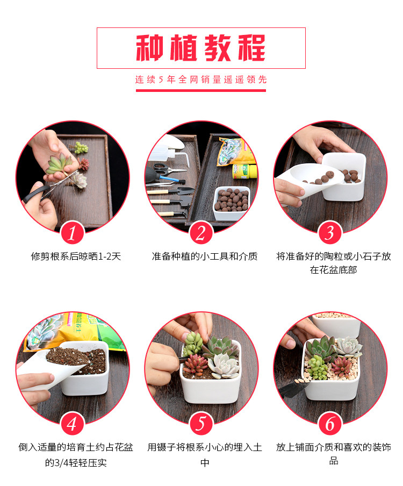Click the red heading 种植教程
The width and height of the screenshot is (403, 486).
tap(201, 48)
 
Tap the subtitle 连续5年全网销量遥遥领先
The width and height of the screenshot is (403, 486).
tap(201, 80)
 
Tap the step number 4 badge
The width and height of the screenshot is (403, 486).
tap(72, 424)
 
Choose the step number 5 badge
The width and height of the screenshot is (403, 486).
tap(201, 424)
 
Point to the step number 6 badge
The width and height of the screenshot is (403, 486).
tap(330, 424)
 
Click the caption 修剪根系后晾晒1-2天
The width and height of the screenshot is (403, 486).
tap(76, 256)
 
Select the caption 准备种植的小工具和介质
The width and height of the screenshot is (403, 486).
tap(205, 256)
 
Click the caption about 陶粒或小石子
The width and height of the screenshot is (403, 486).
tap(334, 263)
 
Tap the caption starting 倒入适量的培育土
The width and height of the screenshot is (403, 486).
tap(76, 455)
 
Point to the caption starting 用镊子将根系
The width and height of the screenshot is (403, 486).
tap(205, 455)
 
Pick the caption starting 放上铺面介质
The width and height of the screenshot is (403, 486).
tap(334, 454)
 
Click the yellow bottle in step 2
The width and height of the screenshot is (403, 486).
tap(244, 171)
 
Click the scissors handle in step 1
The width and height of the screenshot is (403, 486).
tap(35, 194)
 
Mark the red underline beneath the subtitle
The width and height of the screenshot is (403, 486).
tap(201, 90)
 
